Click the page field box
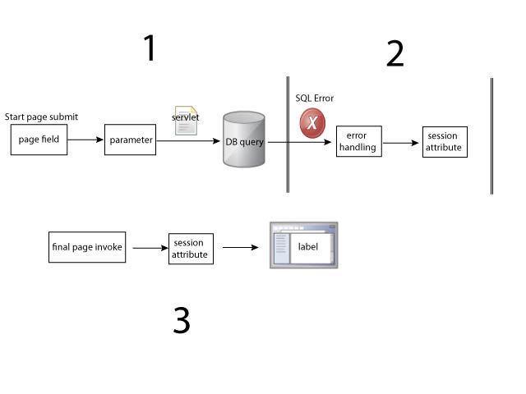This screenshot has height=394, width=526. point(39,140)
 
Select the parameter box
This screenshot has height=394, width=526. point(131,140)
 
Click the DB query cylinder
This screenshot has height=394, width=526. point(243,140)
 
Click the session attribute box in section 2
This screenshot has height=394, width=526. point(444,143)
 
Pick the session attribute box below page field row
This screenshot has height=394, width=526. point(190,247)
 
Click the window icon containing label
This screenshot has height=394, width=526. point(304,245)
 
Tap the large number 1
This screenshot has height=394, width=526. point(149,49)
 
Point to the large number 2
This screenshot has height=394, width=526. point(394,53)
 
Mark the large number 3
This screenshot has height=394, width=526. point(182,320)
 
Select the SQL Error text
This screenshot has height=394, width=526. point(315,98)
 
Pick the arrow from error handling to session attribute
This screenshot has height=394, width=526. point(401,143)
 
